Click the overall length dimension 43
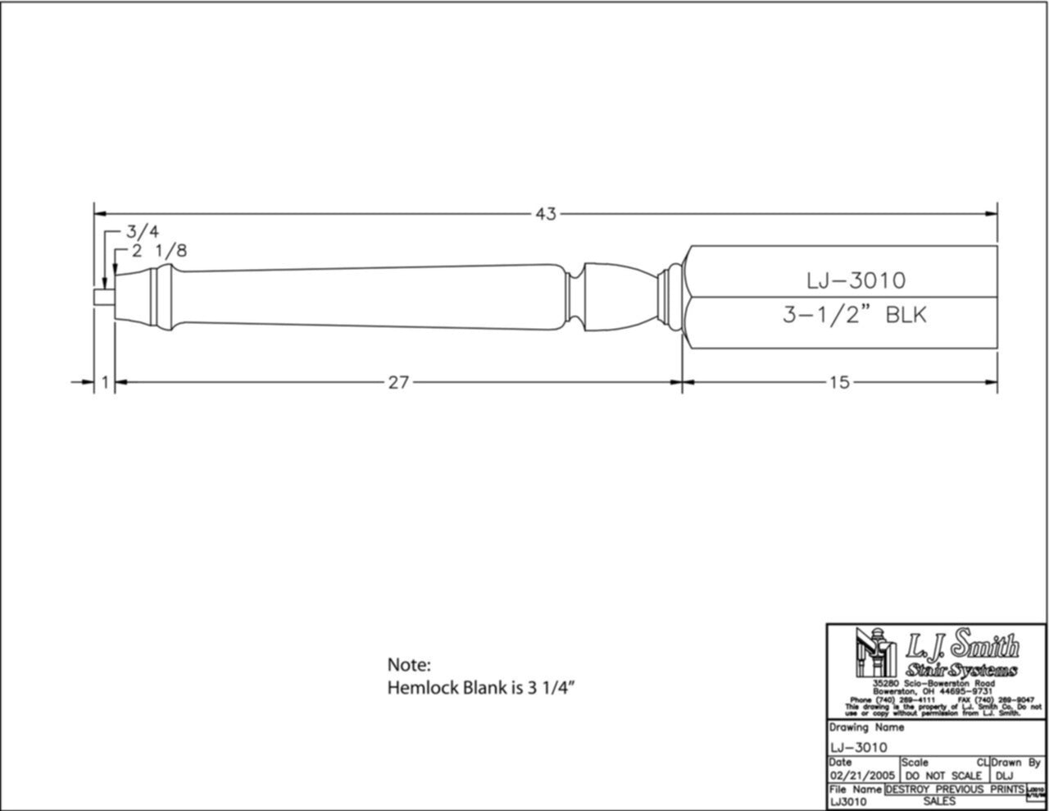[x=546, y=214]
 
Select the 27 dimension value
[x=398, y=382]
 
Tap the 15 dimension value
[x=839, y=382]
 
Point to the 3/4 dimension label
[x=143, y=232]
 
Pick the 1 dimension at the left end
[x=105, y=382]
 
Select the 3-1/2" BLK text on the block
[x=853, y=315]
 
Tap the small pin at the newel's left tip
[x=102, y=298]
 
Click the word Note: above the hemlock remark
[x=408, y=665]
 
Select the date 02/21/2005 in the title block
[x=862, y=775]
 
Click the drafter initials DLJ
[x=1006, y=775]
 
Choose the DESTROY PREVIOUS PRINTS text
[x=955, y=789]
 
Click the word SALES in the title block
[x=938, y=801]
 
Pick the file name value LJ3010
[x=849, y=801]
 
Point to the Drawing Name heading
[x=866, y=727]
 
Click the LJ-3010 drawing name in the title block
[x=858, y=746]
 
